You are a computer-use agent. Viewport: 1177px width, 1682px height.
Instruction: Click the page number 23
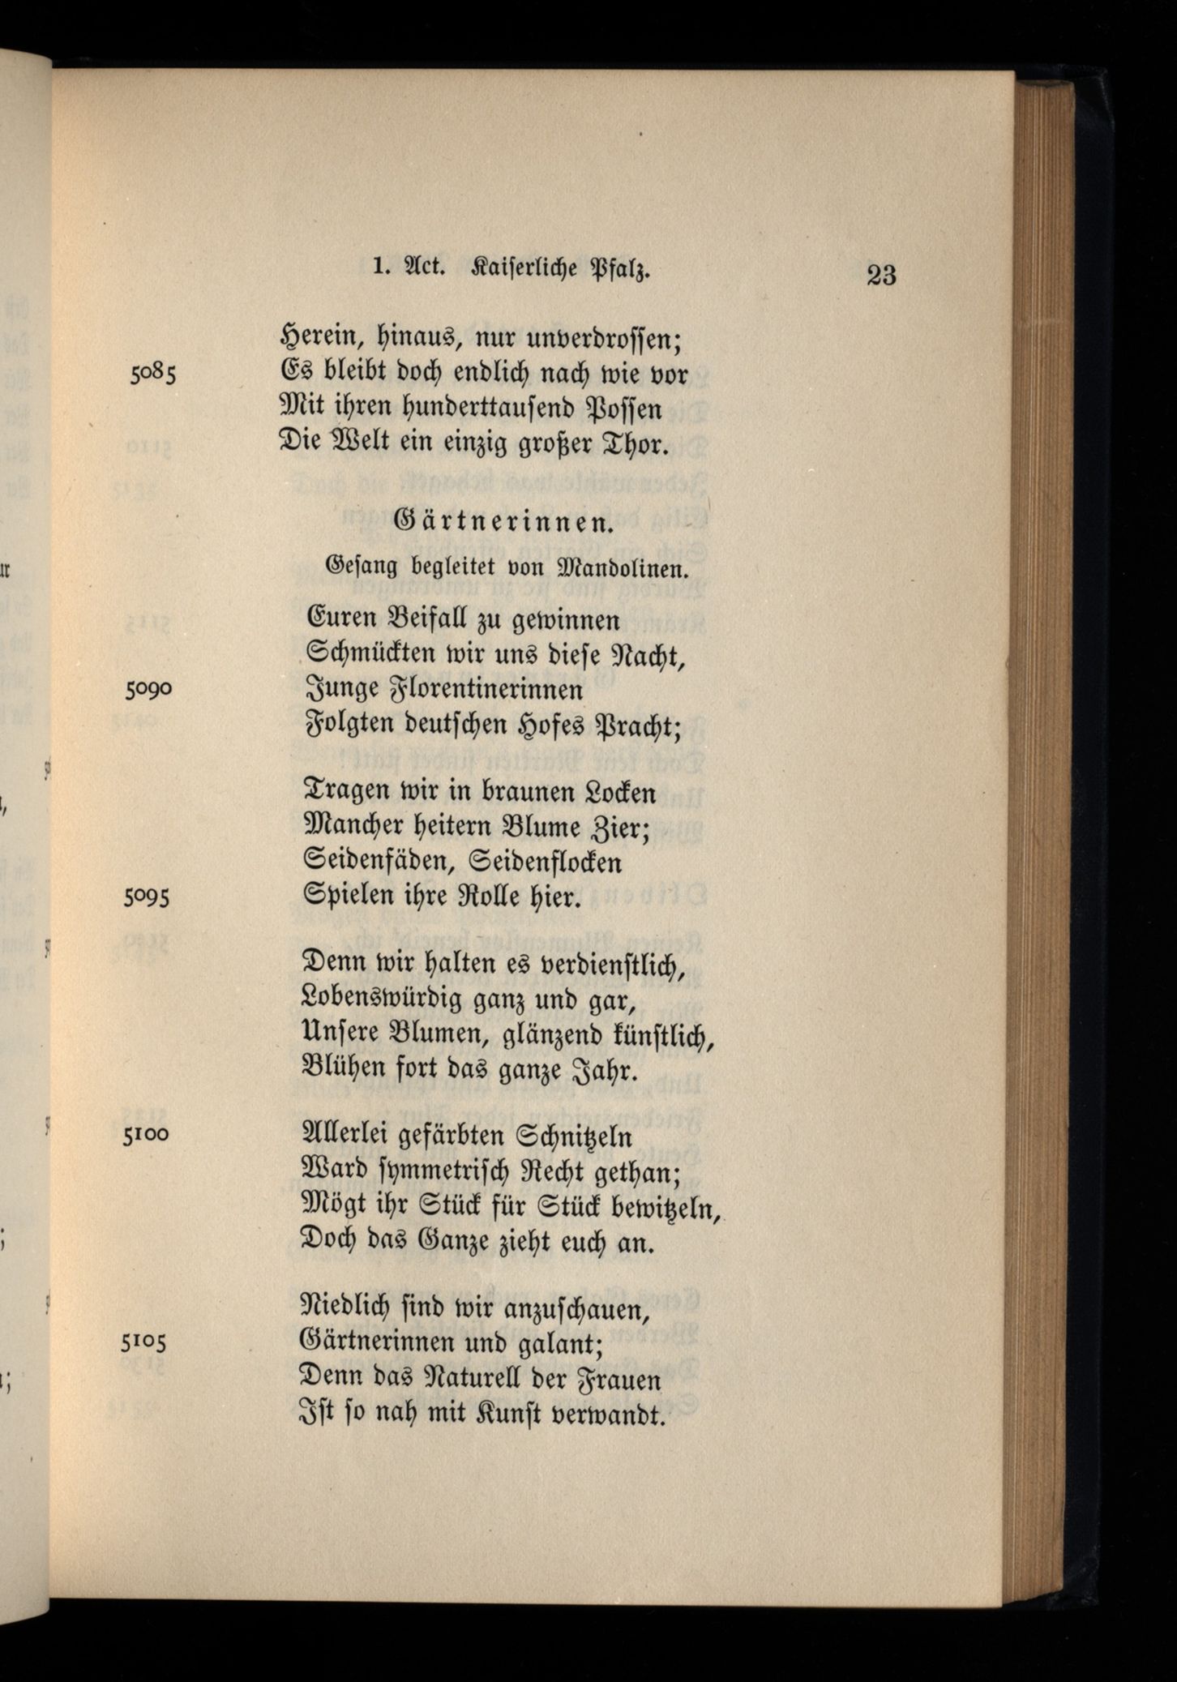pyautogui.click(x=881, y=276)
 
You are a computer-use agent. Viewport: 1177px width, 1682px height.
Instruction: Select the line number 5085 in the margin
pyautogui.click(x=152, y=374)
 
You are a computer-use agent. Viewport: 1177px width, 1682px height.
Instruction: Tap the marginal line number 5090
pyautogui.click(x=148, y=689)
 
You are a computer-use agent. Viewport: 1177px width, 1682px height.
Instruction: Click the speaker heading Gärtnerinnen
pyautogui.click(x=502, y=523)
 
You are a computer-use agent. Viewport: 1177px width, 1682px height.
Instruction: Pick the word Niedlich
pyautogui.click(x=355, y=1308)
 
